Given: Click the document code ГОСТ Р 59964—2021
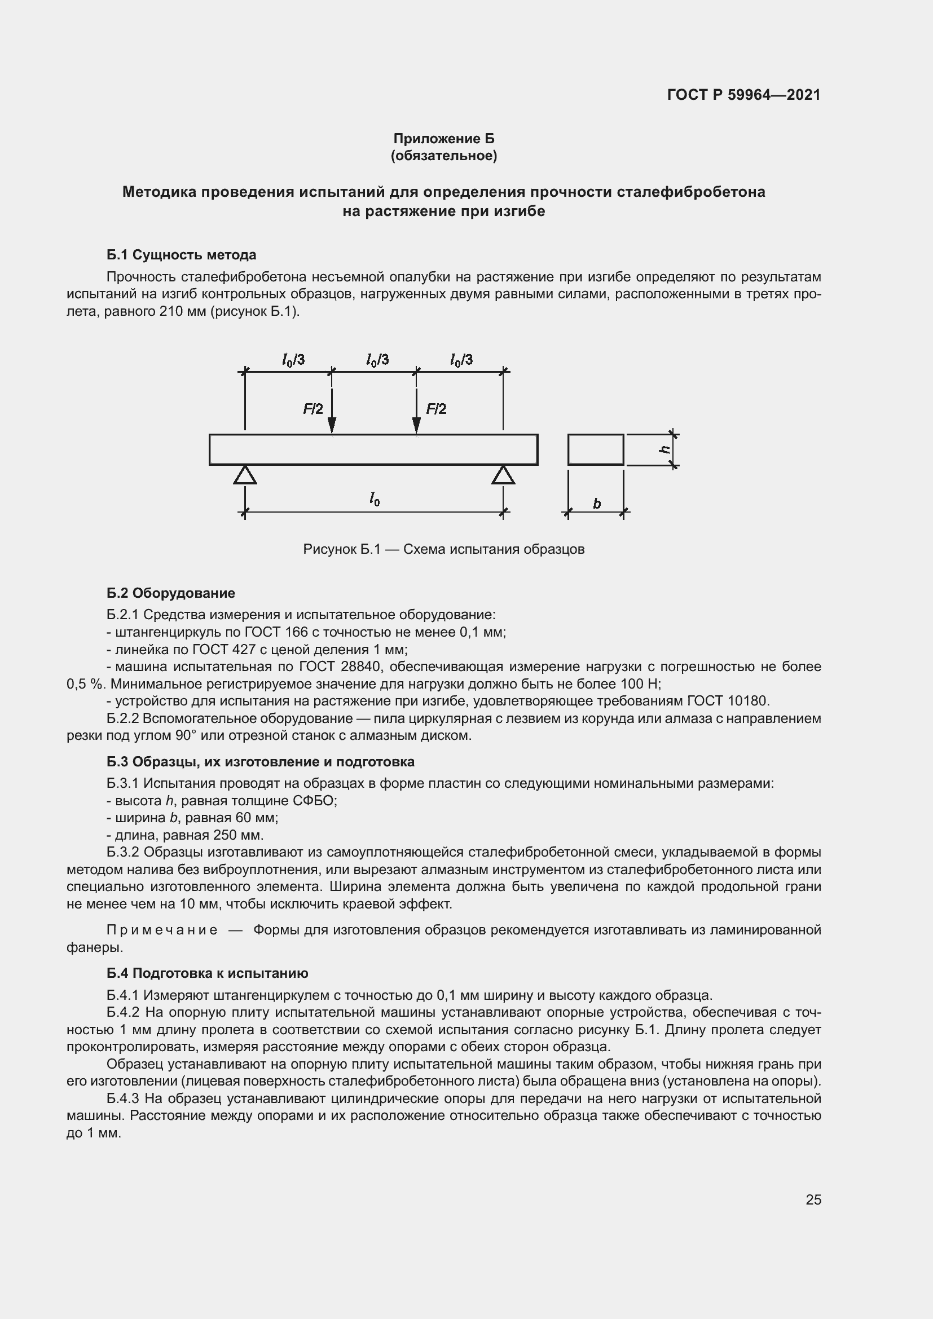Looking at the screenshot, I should click(743, 95).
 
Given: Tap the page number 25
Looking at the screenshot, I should click(813, 1199).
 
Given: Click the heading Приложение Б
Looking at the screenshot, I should click(443, 139).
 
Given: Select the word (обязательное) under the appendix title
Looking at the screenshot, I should click(443, 156).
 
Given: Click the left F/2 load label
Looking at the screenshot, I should click(313, 409).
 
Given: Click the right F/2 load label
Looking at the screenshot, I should click(436, 409).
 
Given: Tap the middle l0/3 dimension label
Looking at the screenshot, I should click(377, 360).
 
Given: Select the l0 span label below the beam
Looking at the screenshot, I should click(375, 499).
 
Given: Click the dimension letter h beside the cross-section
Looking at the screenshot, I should click(664, 449).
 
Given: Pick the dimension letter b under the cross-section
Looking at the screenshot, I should click(596, 504).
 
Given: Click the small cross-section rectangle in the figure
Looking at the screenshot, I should click(595, 449).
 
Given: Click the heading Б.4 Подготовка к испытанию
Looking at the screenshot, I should click(208, 973).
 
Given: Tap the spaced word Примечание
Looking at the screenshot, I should click(162, 930).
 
